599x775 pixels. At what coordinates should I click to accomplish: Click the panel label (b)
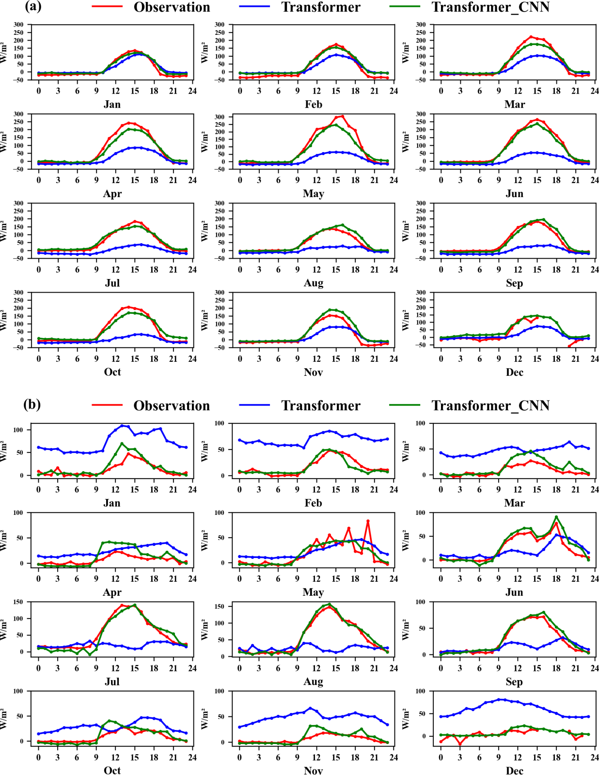point(32,404)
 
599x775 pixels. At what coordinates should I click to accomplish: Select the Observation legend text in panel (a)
point(172,7)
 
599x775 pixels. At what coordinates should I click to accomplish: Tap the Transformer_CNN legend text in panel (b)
point(490,405)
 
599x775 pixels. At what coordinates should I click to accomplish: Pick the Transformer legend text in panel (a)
point(321,7)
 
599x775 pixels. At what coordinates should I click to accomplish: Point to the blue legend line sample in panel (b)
point(254,405)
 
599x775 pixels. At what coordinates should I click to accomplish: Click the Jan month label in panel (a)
point(112,105)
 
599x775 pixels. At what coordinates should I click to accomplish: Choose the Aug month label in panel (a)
point(313,283)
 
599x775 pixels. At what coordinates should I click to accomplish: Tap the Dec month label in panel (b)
point(514,770)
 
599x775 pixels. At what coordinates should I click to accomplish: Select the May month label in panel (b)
point(313,592)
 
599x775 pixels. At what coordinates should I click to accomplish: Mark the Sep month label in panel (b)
point(514,682)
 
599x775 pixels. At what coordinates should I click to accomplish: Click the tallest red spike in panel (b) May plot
point(368,521)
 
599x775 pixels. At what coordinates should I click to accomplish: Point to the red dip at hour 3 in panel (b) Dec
point(460,744)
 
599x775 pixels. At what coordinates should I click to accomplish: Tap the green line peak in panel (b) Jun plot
point(556,517)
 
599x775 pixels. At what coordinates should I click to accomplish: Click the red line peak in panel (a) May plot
point(342,116)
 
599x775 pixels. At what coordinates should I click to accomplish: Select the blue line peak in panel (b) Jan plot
point(122,426)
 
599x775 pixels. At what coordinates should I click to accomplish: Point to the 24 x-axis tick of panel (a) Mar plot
point(595,91)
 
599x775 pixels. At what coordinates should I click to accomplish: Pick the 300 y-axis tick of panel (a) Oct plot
point(18,293)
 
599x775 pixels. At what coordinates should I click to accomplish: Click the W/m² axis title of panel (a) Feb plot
point(205,52)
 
